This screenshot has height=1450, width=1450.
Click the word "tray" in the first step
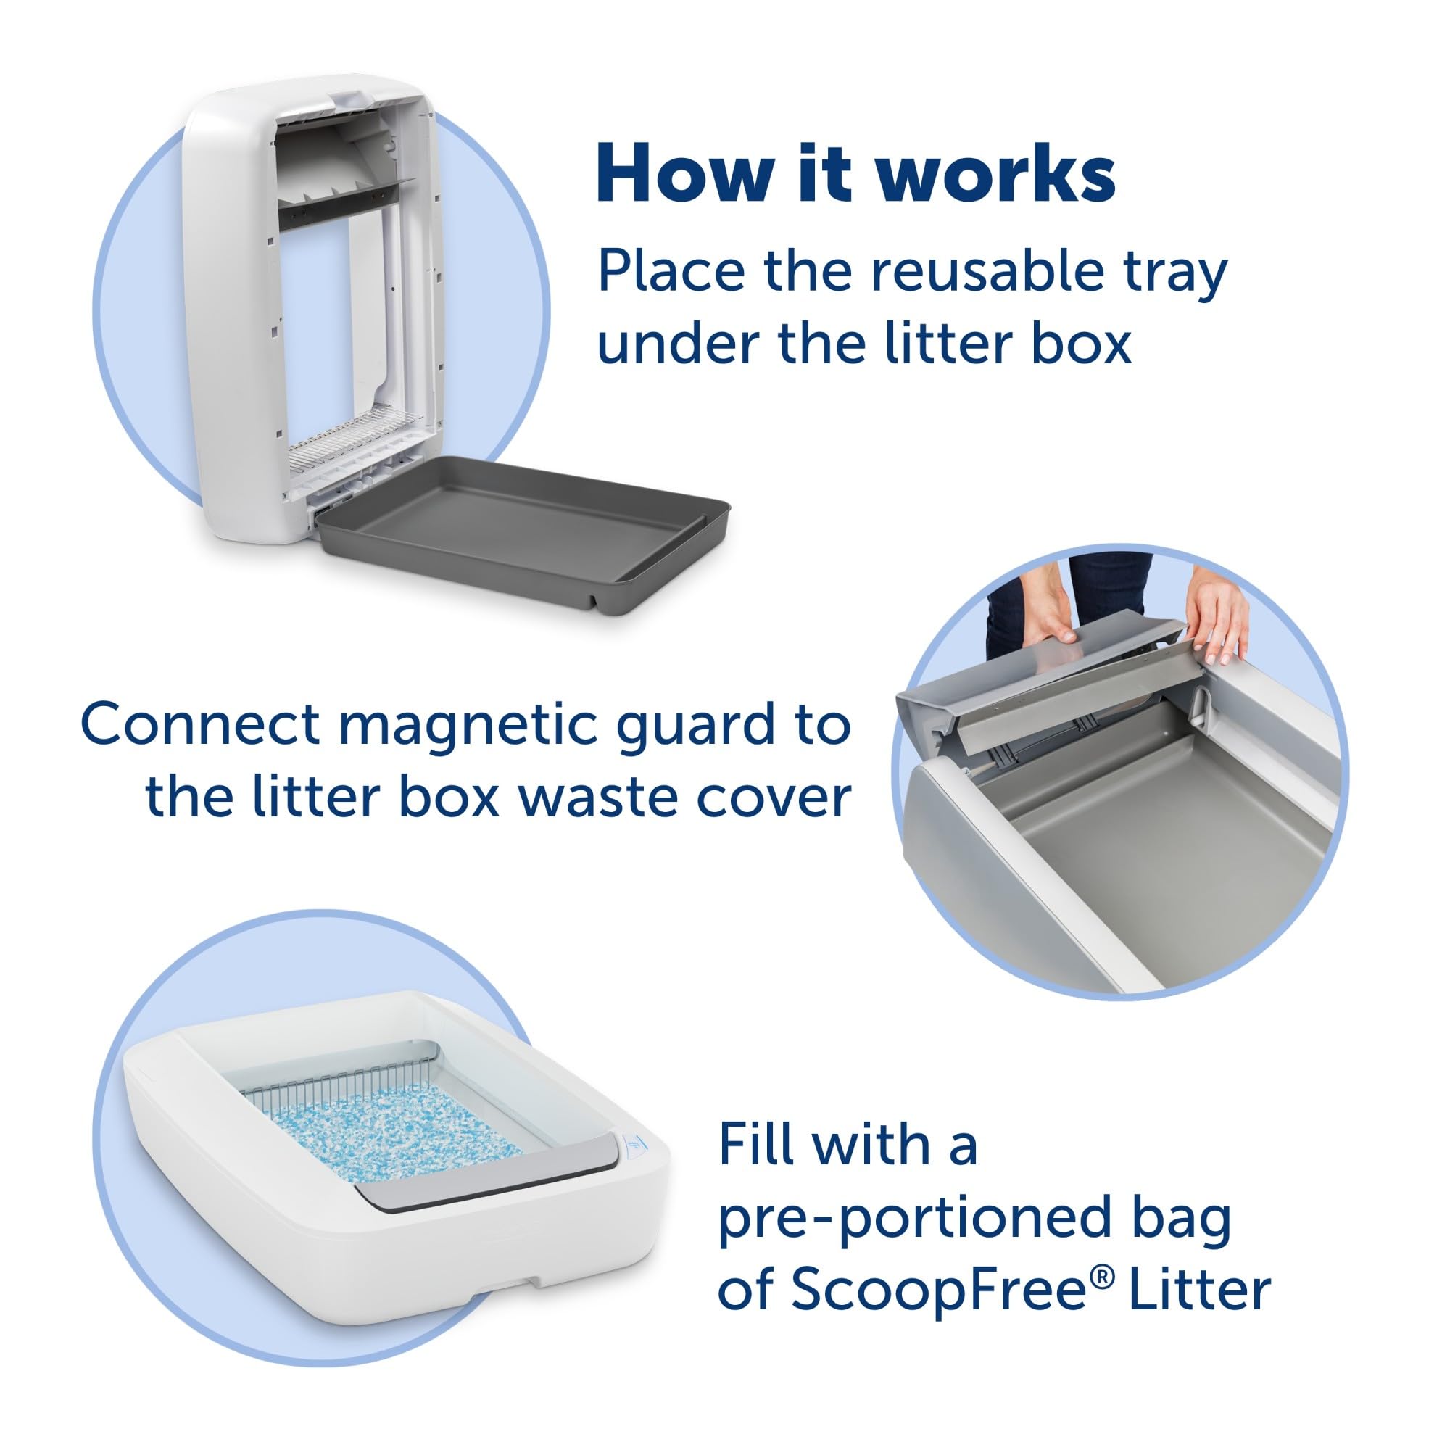click(x=1180, y=274)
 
